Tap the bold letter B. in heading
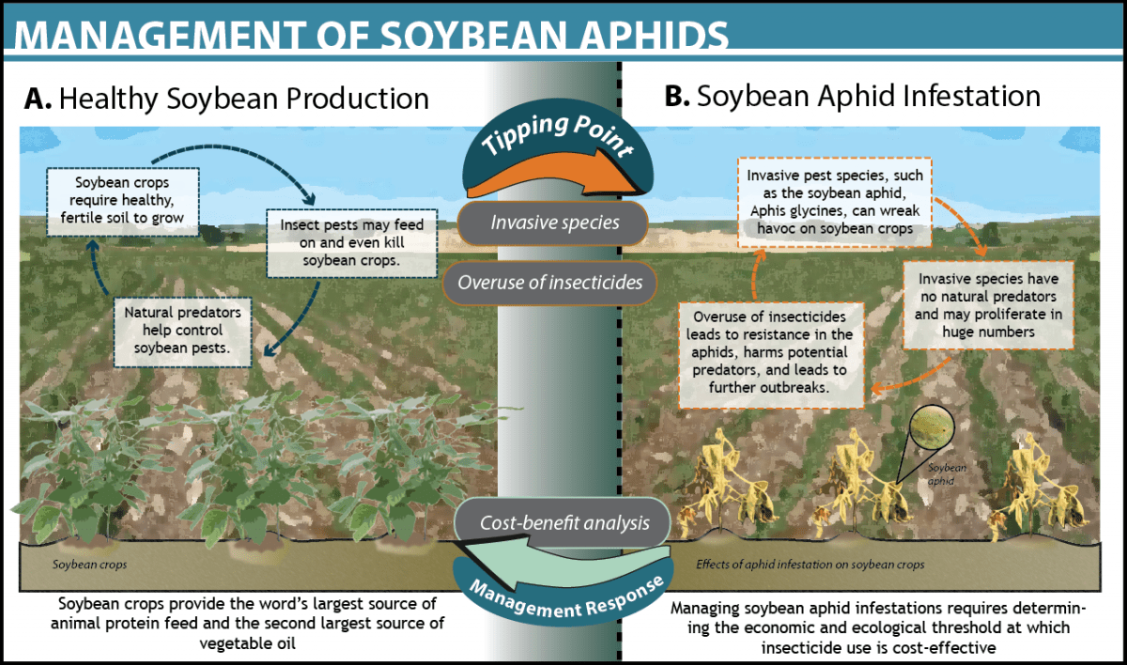click(679, 97)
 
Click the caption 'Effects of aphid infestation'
click(810, 565)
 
